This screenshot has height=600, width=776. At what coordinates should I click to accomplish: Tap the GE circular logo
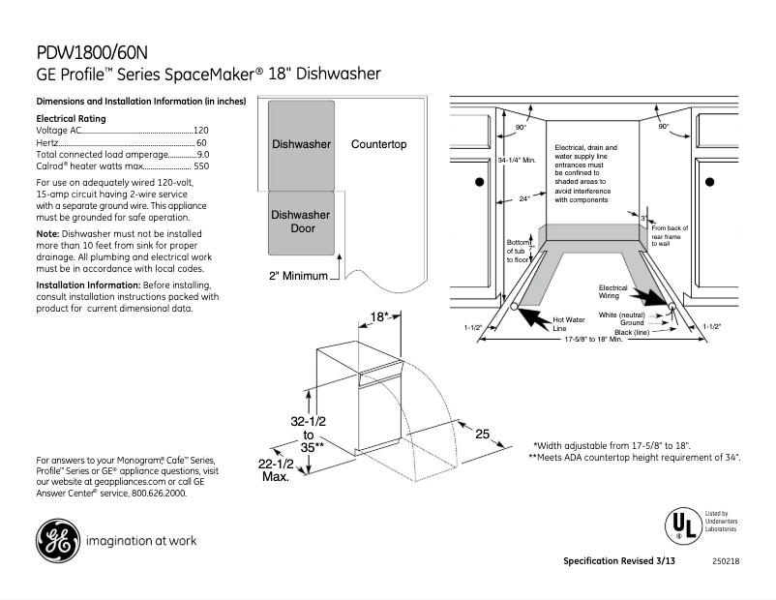[58, 541]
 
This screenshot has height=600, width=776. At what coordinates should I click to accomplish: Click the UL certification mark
[679, 524]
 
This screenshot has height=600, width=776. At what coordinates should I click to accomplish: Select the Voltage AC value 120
[201, 130]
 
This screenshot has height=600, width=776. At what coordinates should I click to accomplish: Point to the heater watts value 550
[200, 166]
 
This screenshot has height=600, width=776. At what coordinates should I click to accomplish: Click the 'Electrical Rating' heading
[71, 118]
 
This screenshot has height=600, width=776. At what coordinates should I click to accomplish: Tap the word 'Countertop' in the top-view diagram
[378, 144]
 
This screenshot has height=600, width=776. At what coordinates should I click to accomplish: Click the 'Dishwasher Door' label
[300, 222]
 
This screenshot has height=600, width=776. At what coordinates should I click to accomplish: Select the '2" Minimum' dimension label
[299, 276]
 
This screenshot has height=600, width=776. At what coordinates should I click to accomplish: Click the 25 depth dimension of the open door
[482, 435]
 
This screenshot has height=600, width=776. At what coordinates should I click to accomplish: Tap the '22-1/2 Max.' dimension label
[276, 471]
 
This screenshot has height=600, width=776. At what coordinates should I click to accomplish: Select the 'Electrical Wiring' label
[612, 291]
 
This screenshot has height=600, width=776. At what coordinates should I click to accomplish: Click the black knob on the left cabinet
[479, 181]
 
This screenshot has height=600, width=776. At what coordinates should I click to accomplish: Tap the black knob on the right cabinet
[708, 181]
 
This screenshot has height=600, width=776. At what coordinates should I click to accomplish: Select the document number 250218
[726, 562]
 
